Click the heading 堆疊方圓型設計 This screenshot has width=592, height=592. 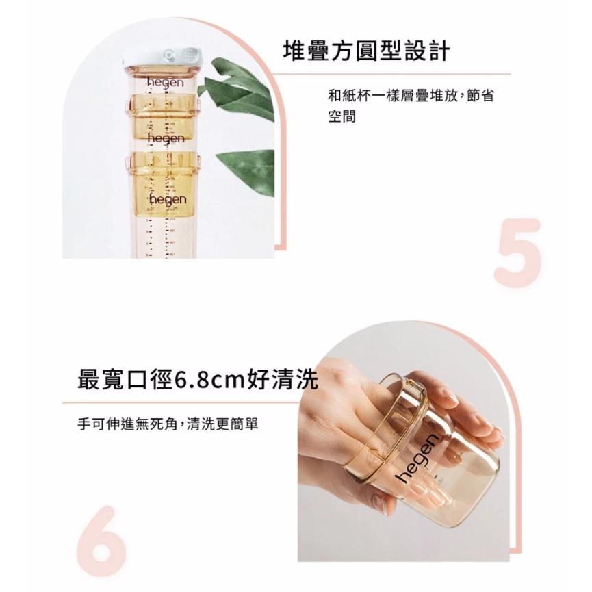pos(366,51)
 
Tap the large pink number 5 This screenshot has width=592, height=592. pos(518,253)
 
